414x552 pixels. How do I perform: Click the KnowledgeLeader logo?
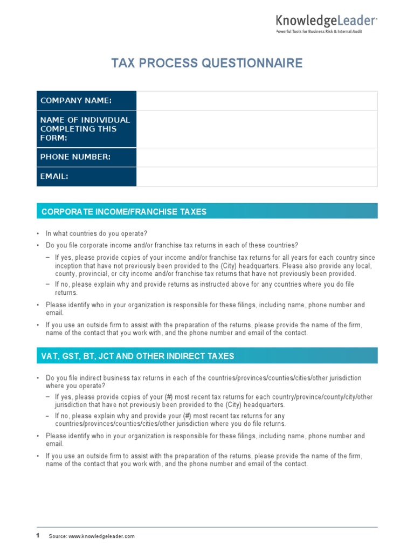click(x=326, y=21)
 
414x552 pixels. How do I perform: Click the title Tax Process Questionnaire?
click(x=207, y=64)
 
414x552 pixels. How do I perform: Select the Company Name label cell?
click(x=86, y=101)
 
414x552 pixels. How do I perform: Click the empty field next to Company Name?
click(x=257, y=101)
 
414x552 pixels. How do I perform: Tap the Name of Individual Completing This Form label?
click(x=86, y=129)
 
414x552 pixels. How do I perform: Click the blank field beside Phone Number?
click(x=257, y=157)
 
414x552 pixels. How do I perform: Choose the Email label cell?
click(x=86, y=176)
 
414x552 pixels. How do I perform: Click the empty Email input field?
click(x=257, y=176)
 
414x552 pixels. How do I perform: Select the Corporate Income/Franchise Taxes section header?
click(x=207, y=211)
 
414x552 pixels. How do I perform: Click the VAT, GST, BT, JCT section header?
click(x=207, y=356)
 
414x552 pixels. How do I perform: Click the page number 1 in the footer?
click(x=38, y=536)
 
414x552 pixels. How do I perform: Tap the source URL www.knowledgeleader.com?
click(x=101, y=536)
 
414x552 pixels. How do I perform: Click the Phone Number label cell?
click(x=86, y=157)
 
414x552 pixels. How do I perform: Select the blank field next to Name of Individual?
click(x=257, y=129)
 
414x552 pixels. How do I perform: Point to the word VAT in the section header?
click(x=50, y=356)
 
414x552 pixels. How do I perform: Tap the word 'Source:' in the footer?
click(x=58, y=536)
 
